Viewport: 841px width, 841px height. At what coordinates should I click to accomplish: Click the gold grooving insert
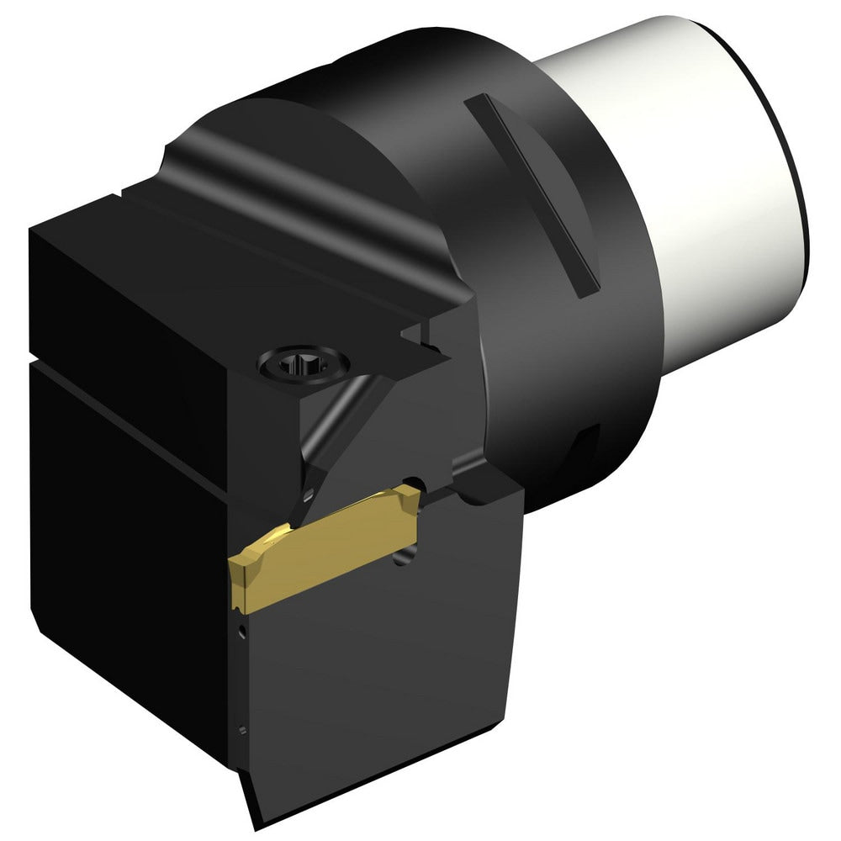pos(328,547)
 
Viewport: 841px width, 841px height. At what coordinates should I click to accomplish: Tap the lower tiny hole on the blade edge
pos(243,730)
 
